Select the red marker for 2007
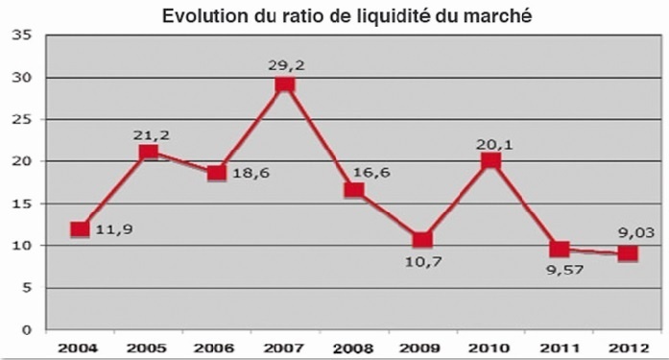tap(284, 85)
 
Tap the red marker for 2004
tap(80, 229)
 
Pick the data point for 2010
tap(490, 161)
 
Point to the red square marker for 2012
tap(627, 253)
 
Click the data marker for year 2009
tap(421, 240)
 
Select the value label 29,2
tap(285, 65)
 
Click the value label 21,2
tap(149, 133)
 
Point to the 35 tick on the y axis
tap(23, 36)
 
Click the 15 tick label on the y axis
tap(23, 204)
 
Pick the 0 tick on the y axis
tap(28, 329)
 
